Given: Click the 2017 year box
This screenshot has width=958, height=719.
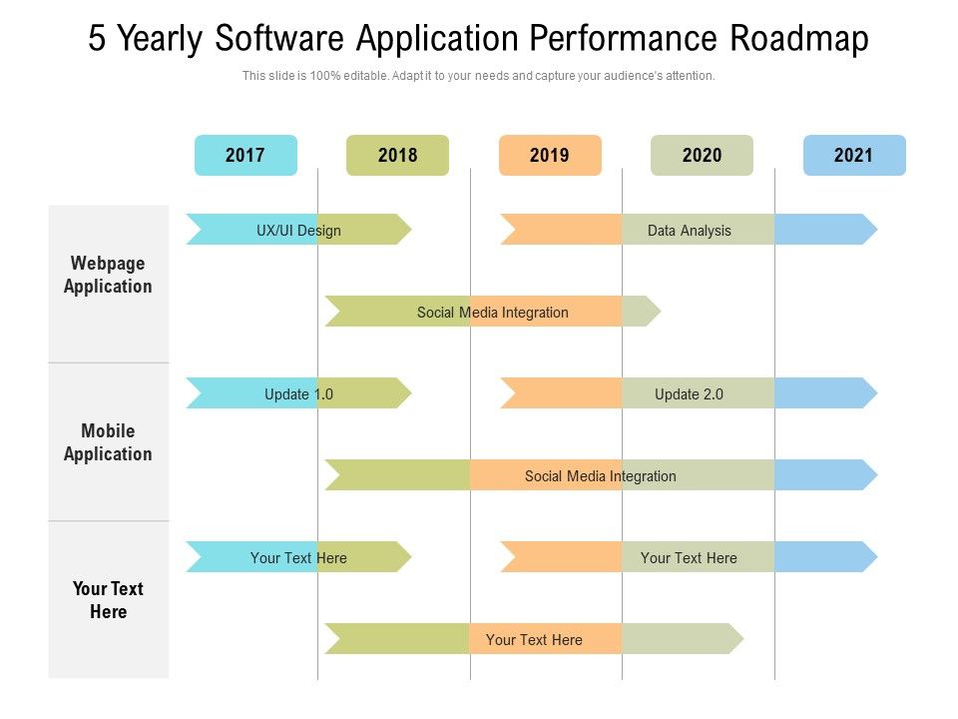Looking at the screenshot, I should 245,155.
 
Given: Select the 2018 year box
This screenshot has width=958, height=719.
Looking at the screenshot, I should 397,155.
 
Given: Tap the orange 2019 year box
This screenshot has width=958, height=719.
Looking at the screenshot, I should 550,155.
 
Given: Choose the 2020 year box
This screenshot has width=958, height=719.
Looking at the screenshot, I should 702,155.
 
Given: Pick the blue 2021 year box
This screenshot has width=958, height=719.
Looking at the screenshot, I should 853,155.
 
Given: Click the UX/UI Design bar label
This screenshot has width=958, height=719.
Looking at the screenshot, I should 298,231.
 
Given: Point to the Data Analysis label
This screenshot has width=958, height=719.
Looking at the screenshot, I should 689,231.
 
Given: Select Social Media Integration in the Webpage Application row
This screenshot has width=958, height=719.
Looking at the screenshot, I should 492,313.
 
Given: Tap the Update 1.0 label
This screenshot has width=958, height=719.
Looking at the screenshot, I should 298,394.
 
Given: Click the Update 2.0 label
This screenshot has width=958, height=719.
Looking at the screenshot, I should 689,394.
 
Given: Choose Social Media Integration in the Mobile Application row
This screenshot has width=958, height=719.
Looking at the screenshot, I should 600,476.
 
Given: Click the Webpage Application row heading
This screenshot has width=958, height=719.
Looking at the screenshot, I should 108,275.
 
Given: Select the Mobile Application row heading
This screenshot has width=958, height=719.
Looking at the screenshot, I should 108,442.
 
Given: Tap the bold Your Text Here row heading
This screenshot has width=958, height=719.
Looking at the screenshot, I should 108,600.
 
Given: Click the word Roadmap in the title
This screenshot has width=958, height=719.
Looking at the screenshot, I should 799,39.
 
